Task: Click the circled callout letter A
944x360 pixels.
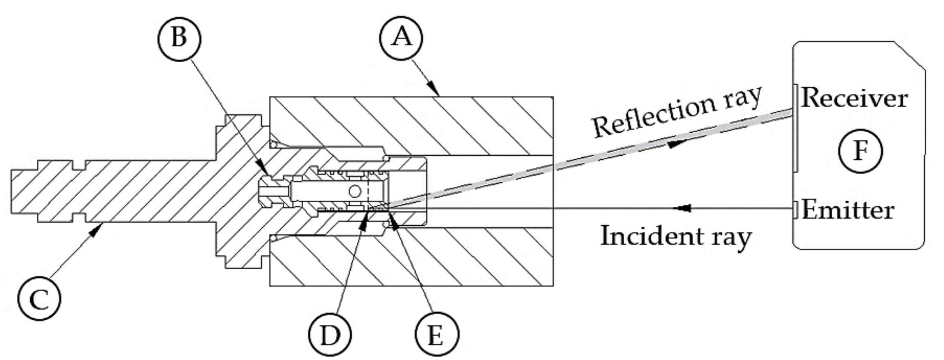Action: coord(401,38)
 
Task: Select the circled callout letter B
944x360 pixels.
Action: coord(179,38)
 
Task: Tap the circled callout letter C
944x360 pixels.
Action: coord(39,299)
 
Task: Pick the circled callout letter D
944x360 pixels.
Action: coord(330,335)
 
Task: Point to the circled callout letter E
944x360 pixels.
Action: coord(437,335)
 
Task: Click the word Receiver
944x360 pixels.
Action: coord(854,99)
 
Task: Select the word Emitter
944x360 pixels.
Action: coord(847,210)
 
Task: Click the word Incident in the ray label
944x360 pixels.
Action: coord(639,236)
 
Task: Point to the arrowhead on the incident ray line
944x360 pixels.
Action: coord(682,208)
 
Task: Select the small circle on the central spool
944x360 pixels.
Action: coord(354,191)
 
